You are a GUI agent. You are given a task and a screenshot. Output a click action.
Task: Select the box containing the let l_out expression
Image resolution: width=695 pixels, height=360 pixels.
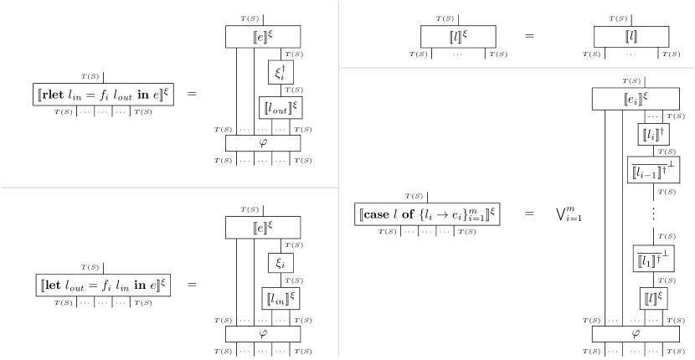point(106,285)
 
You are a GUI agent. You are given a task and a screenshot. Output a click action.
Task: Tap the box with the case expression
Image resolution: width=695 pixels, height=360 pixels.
point(427,214)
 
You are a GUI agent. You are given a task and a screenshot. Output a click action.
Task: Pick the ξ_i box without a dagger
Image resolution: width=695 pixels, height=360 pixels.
point(280,263)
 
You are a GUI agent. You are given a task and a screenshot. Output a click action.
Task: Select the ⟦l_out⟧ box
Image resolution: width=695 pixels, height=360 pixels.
point(281,108)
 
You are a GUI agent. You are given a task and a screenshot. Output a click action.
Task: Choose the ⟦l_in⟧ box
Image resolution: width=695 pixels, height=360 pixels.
point(281,298)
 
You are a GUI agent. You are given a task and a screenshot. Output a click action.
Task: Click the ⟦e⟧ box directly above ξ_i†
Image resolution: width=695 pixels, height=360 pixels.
point(263,37)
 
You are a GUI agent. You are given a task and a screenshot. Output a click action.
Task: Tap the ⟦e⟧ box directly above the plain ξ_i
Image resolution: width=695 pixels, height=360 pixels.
point(263,227)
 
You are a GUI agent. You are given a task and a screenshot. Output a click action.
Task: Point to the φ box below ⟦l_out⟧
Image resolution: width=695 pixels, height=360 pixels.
point(263,143)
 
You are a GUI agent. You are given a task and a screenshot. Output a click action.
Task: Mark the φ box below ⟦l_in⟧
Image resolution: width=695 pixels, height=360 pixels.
point(263,334)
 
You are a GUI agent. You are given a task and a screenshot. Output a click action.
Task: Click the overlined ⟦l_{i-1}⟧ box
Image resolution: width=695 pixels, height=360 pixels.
point(653,170)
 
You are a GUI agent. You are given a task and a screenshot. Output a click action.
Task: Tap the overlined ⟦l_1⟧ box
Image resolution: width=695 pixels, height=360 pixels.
point(653,259)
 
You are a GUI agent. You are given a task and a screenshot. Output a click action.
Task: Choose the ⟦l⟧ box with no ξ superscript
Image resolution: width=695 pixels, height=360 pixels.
point(631,37)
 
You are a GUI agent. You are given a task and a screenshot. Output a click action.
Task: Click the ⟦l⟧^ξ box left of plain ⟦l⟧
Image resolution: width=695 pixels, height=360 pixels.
point(458,37)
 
